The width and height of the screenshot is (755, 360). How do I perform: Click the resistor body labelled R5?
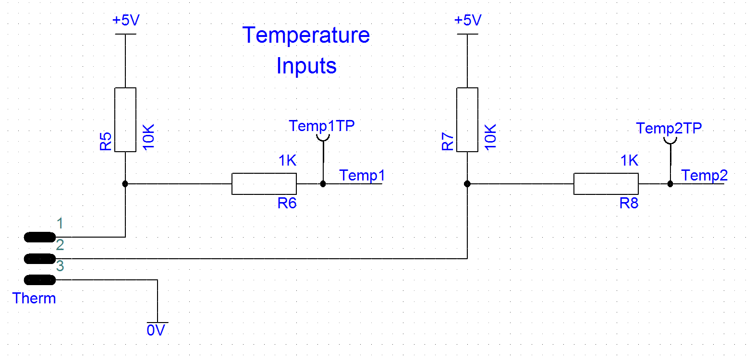point(125,120)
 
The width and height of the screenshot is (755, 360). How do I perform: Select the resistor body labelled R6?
point(264,184)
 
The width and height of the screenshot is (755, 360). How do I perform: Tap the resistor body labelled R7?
point(467,120)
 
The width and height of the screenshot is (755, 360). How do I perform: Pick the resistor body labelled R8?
point(606,184)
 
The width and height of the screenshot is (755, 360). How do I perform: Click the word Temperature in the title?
point(306,36)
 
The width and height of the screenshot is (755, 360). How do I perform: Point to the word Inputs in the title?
point(306,66)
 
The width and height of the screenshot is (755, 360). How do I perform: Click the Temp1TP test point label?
point(321,126)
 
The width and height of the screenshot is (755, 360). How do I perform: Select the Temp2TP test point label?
point(669,128)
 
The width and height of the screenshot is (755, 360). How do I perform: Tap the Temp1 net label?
point(362,176)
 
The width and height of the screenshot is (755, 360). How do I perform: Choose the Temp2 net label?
point(704,176)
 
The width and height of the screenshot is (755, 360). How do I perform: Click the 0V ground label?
point(156,330)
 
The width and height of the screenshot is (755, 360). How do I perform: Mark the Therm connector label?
point(34,299)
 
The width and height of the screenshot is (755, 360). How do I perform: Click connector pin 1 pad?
point(40,237)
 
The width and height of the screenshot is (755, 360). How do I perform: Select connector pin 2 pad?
point(40,259)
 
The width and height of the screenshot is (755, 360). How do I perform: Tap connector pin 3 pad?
point(40,280)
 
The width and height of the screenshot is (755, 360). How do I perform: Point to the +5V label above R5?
point(126,20)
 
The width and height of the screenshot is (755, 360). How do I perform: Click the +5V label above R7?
point(468,20)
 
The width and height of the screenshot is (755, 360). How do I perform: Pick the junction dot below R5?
point(125,184)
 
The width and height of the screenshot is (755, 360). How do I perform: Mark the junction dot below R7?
point(467,184)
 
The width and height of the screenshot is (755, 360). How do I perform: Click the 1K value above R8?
point(629,160)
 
